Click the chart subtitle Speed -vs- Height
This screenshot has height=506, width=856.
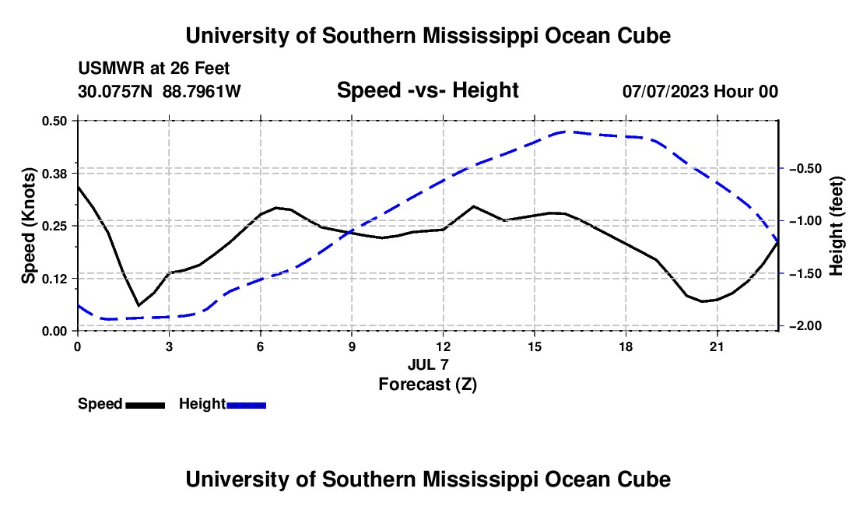pyautogui.click(x=427, y=90)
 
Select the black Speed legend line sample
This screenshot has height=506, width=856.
pyautogui.click(x=146, y=405)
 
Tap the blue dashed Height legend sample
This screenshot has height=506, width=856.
pyautogui.click(x=246, y=405)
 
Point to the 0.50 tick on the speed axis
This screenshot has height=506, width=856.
pyautogui.click(x=54, y=121)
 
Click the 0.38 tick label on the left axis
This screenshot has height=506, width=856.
pyautogui.click(x=54, y=174)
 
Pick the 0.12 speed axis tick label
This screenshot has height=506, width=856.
pyautogui.click(x=54, y=279)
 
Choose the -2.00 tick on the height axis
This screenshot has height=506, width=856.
pyautogui.click(x=805, y=326)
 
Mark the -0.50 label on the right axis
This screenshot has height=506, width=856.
pyautogui.click(x=805, y=168)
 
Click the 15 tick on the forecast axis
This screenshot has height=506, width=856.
pyautogui.click(x=535, y=346)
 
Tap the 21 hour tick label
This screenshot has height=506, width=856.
pyautogui.click(x=717, y=346)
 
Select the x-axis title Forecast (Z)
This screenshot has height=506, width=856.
pyautogui.click(x=427, y=385)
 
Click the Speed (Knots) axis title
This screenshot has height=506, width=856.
pyautogui.click(x=28, y=226)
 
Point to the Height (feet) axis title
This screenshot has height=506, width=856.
pyautogui.click(x=836, y=226)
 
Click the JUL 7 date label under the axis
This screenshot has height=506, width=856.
pyautogui.click(x=428, y=364)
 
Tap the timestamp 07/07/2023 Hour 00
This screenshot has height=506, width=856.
pyautogui.click(x=700, y=91)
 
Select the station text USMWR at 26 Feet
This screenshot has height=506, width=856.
pyautogui.click(x=154, y=69)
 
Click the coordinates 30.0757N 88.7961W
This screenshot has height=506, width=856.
pyautogui.click(x=159, y=91)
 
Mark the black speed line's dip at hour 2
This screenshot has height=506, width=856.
pyautogui.click(x=139, y=305)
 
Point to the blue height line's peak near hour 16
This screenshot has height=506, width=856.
pyautogui.click(x=566, y=132)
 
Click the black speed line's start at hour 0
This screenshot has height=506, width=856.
pyautogui.click(x=78, y=186)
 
